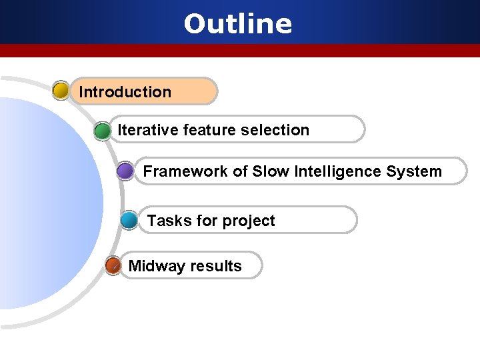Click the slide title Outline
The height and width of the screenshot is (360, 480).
(238, 24)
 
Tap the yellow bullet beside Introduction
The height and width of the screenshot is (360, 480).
(61, 91)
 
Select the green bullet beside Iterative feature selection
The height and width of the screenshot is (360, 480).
(102, 131)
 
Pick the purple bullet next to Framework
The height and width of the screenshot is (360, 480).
(125, 172)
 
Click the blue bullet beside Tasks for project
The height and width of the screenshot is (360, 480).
(130, 221)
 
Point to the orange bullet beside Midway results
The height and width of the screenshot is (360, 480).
(113, 266)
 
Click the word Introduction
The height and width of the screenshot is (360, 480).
(125, 92)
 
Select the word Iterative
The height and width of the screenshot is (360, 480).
(140, 130)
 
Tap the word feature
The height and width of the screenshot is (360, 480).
(201, 130)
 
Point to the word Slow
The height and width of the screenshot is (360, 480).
(269, 171)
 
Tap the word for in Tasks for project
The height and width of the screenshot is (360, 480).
(202, 221)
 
